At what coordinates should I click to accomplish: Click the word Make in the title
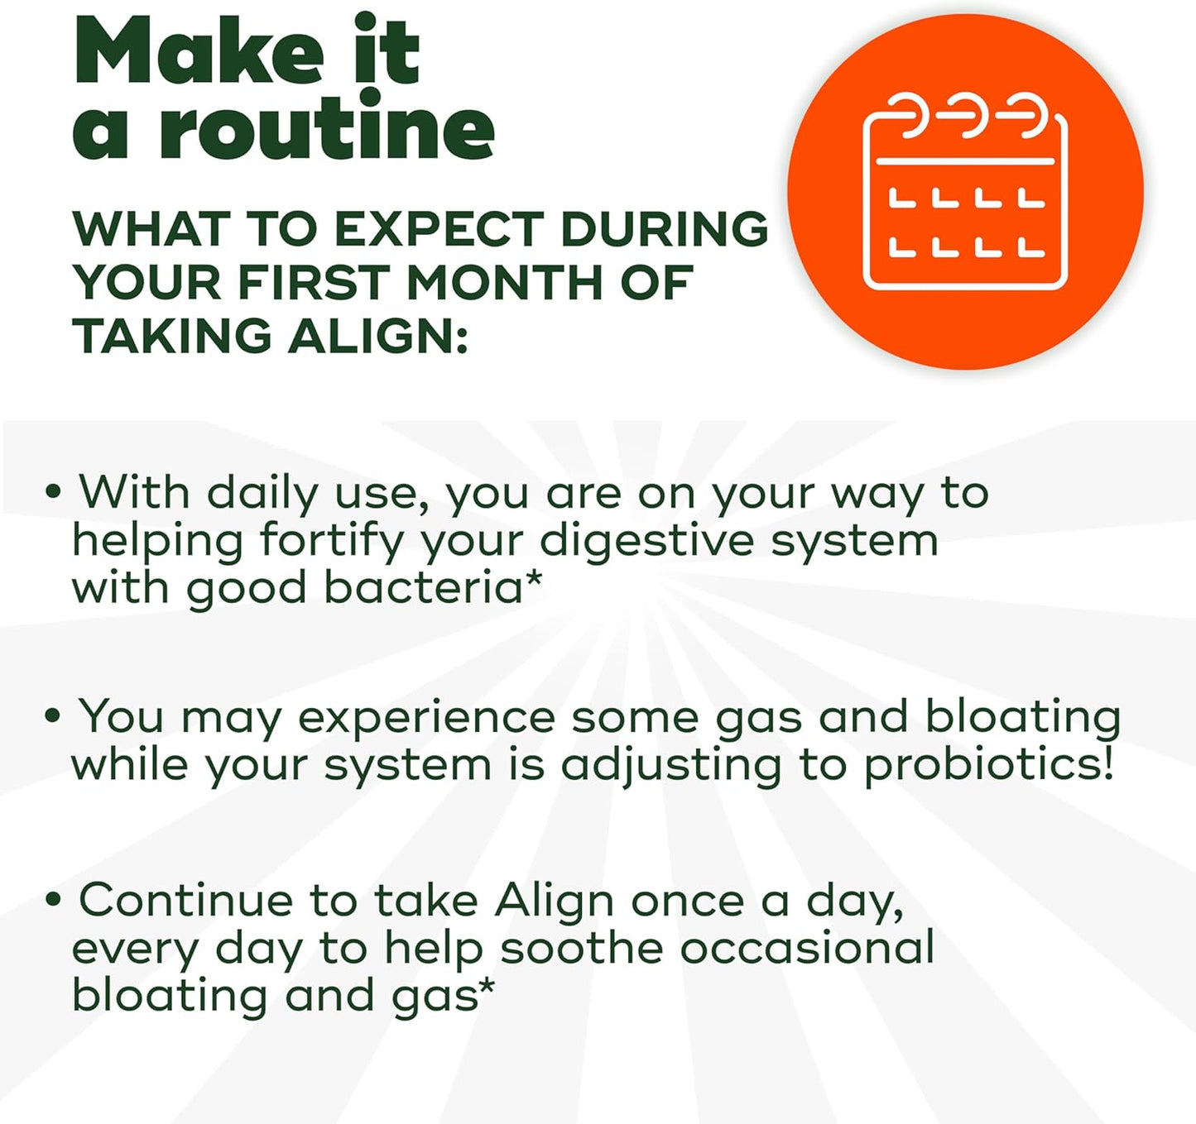pos(199,51)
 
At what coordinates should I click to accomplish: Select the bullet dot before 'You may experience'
pos(54,716)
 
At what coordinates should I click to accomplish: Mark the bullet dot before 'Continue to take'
pos(54,900)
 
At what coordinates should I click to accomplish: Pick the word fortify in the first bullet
pos(331,542)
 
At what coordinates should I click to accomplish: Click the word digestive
pos(646,542)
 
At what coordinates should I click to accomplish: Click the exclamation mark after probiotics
pos(1107,763)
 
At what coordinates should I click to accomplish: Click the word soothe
pos(581,948)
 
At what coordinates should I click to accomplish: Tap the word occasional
pos(807,948)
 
